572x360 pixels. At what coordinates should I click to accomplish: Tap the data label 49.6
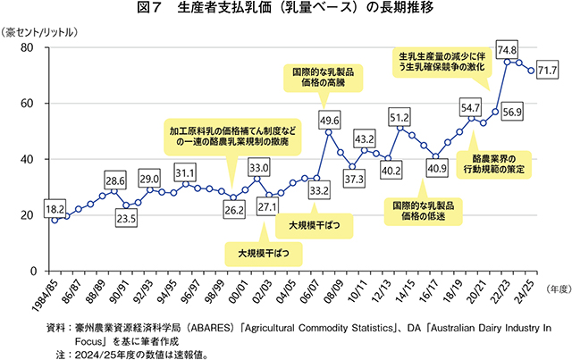click(330, 120)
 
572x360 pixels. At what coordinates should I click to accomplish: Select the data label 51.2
click(400, 117)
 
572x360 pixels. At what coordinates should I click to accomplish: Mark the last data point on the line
click(533, 71)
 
